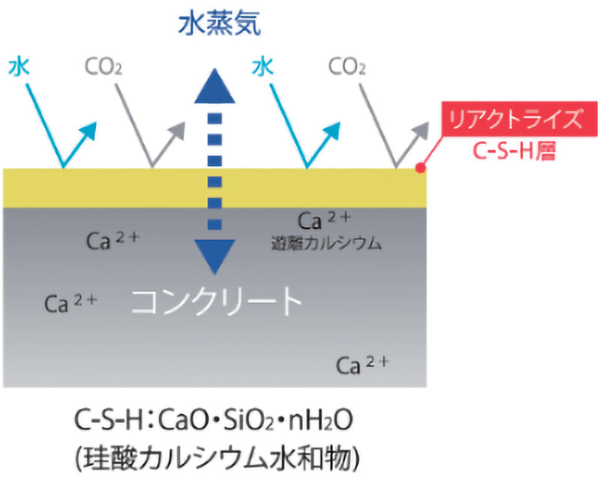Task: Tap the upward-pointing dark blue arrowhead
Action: coord(215,85)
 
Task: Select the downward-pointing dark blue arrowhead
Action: coord(215,256)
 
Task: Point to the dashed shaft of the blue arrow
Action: coord(215,172)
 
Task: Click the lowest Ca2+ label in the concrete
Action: coord(362,364)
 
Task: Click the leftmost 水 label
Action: coord(19,68)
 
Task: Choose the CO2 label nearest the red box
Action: coord(347,69)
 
